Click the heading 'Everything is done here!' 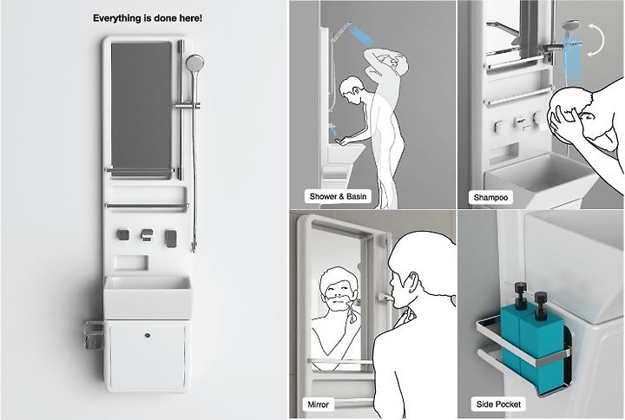148,18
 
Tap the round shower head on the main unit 194,62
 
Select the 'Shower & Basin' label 338,196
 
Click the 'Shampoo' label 490,197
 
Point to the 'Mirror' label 318,404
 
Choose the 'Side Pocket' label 498,404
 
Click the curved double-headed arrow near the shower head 595,39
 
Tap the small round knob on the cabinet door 148,336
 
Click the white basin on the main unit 148,297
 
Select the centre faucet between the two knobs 147,235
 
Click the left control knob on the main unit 122,234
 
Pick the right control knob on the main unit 171,238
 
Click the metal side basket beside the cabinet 95,335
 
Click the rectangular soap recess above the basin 132,263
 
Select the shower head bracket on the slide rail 186,106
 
